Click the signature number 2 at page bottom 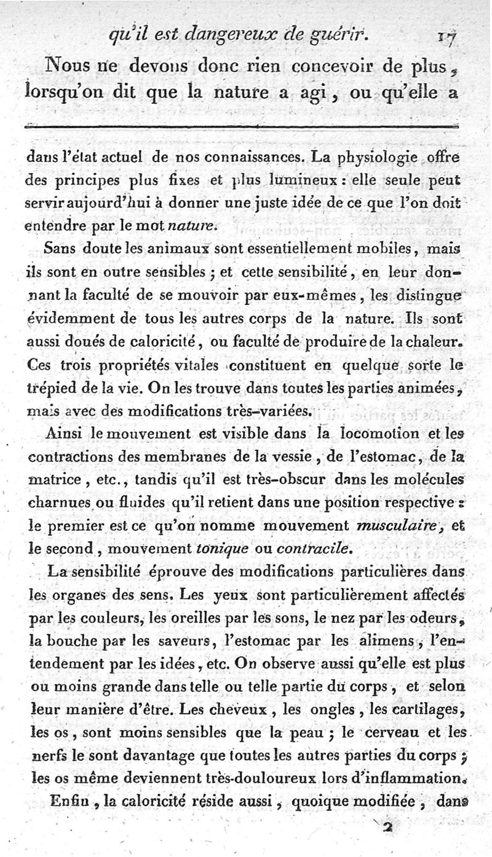click(x=387, y=828)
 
